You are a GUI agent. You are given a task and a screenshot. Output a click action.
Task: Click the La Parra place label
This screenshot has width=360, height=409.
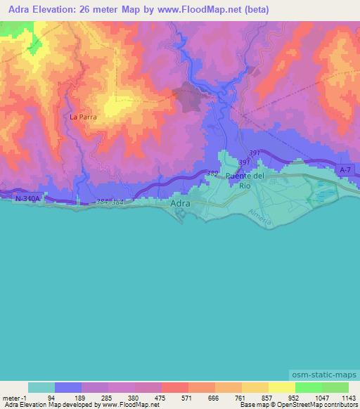[x=83, y=117]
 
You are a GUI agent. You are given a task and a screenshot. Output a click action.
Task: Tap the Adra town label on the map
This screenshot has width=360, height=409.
[x=180, y=204]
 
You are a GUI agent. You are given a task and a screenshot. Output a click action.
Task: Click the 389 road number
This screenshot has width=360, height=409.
[x=212, y=173]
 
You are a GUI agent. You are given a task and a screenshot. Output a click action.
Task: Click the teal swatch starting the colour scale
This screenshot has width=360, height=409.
[x=41, y=387]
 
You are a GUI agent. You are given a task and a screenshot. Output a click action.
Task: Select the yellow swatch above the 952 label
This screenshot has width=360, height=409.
[x=281, y=387]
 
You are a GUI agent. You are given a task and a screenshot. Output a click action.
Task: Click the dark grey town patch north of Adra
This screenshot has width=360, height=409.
[x=192, y=97]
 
